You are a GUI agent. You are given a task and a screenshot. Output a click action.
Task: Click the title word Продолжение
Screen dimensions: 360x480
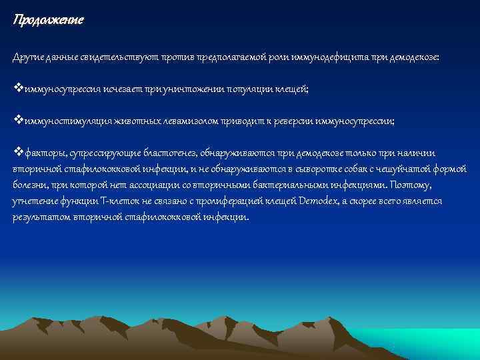tap(48, 20)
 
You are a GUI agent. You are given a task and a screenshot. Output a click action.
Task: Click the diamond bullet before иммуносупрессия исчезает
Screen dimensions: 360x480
tap(17, 88)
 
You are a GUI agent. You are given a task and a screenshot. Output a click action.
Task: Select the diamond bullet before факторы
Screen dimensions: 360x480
tap(17, 152)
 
